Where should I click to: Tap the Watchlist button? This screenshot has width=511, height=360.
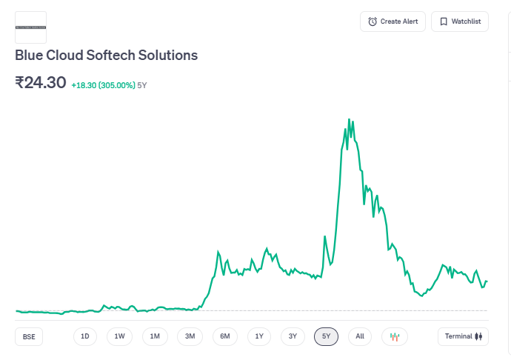[x=460, y=21]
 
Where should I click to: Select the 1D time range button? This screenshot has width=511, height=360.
[x=85, y=336]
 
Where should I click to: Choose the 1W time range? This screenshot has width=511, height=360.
[x=119, y=336]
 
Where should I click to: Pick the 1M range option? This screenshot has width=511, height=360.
[x=155, y=336]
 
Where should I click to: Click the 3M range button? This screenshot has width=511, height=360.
[x=190, y=336]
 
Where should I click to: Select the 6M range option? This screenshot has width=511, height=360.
[x=225, y=336]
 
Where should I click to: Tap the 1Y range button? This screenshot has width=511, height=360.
[x=259, y=336]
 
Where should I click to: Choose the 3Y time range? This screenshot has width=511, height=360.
[x=293, y=336]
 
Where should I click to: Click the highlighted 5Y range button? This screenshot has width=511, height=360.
[x=327, y=336]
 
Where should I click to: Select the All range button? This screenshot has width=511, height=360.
[x=360, y=336]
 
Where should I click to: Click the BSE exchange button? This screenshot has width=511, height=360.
[x=29, y=336]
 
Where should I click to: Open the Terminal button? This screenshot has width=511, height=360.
[x=463, y=336]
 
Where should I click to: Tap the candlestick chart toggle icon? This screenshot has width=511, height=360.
[x=395, y=336]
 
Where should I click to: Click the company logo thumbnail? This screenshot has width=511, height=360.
[x=30, y=27]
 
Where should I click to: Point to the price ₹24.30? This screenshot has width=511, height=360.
[x=41, y=82]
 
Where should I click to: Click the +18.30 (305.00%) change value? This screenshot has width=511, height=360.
[x=103, y=85]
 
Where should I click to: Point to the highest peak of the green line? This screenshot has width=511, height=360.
[x=349, y=119]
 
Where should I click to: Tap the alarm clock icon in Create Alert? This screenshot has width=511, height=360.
[x=373, y=21]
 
